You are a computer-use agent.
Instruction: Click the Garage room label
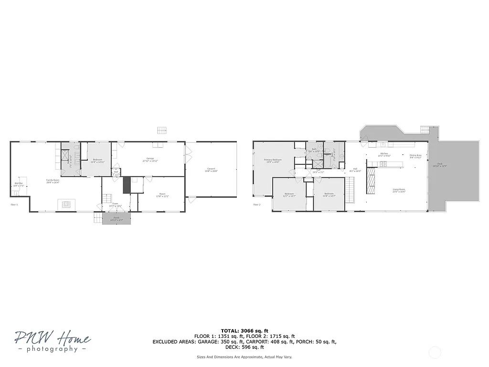point(150,159)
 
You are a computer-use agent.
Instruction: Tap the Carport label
point(211,169)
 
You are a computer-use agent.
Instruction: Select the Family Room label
point(53,181)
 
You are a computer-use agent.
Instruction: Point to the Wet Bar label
point(19,184)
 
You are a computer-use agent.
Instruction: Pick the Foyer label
point(115,204)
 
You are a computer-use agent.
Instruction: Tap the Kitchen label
point(384,154)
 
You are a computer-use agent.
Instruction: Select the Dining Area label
point(415,155)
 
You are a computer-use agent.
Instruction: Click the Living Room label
point(399,190)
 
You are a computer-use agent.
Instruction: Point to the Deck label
point(439,164)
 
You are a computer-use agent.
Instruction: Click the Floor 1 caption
point(14,205)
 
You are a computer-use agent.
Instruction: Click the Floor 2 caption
point(256,205)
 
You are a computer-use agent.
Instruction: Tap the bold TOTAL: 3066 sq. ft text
point(244,330)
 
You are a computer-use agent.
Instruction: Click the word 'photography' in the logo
point(53,349)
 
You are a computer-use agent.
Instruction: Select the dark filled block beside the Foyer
point(127,185)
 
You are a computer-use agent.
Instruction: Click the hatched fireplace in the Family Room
point(66,205)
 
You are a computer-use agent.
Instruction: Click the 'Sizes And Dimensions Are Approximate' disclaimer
point(244,357)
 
